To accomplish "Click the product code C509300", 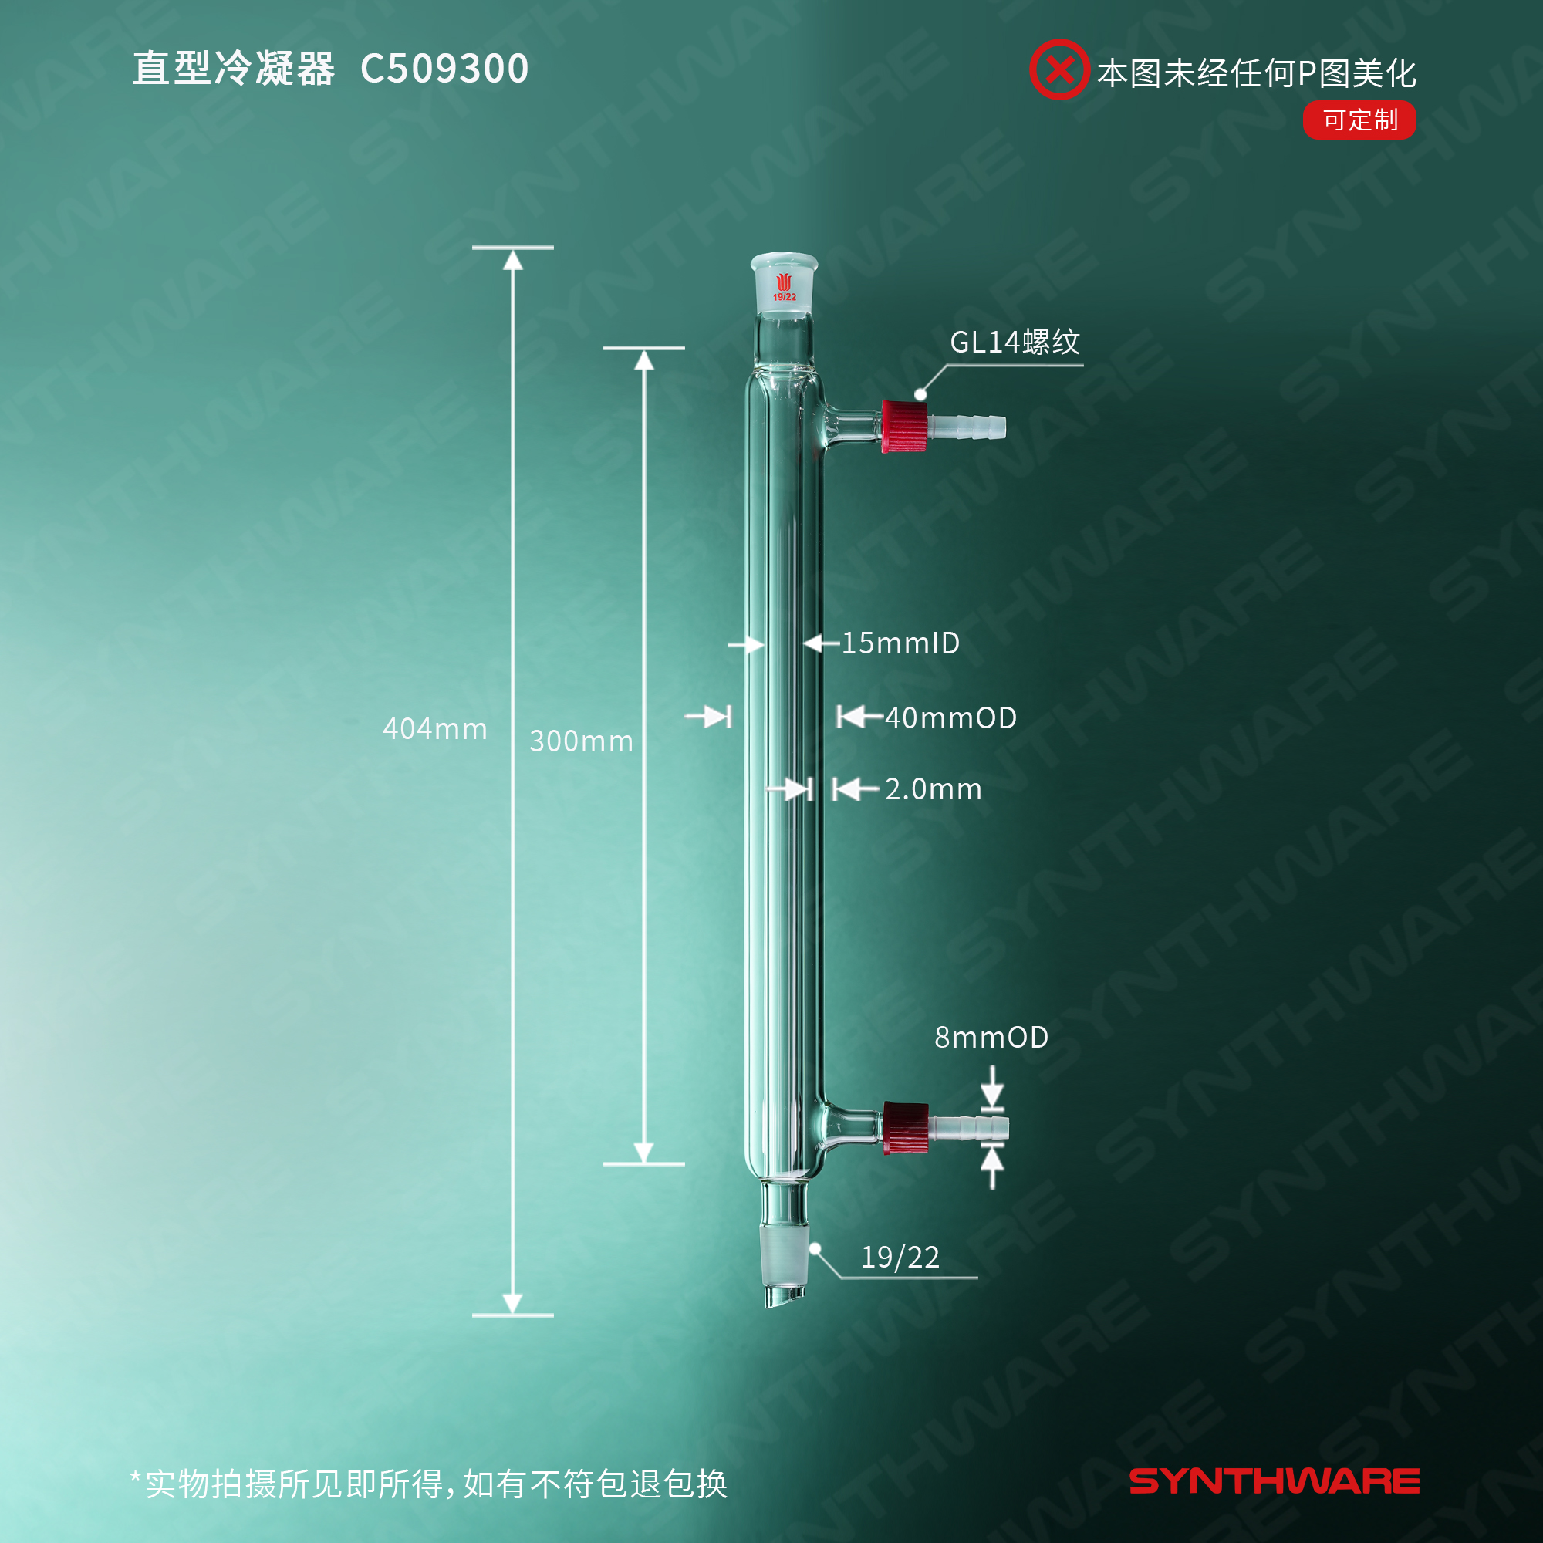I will point(444,69).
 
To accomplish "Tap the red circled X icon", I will point(1058,69).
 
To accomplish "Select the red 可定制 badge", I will point(1359,120).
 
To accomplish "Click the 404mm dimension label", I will point(434,728).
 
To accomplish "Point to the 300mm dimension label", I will point(581,741).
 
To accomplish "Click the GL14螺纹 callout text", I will point(1015,342).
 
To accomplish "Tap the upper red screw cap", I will point(905,427).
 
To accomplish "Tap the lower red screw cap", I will point(906,1128).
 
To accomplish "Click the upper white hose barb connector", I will point(967,426).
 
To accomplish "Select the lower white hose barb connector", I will point(969,1127).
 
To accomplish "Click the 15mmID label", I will point(900,643).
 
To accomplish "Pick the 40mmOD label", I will point(950,717).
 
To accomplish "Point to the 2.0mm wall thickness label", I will point(933,789).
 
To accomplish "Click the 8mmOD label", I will point(991,1037).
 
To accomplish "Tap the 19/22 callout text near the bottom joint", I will point(900,1257).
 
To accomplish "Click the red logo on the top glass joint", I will point(785,283).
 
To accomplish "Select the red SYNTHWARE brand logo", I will point(1274,1481).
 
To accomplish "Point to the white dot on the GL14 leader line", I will point(921,394).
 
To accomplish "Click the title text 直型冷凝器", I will point(233,69).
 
